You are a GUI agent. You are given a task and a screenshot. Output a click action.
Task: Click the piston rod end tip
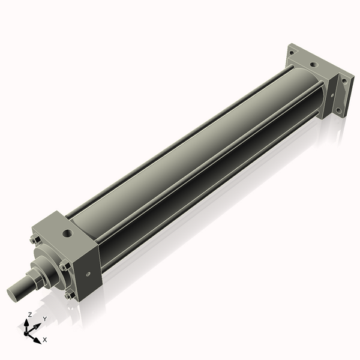click(x=13, y=294)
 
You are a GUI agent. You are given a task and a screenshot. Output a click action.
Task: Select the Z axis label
click(x=30, y=314)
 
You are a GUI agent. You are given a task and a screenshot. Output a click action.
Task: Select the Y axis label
click(x=44, y=319)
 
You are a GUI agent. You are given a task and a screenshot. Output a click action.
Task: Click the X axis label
click(x=45, y=340)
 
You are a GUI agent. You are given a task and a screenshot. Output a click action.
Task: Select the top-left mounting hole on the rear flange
click(x=292, y=52)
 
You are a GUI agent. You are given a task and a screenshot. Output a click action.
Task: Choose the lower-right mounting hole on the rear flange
click(x=339, y=110)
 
